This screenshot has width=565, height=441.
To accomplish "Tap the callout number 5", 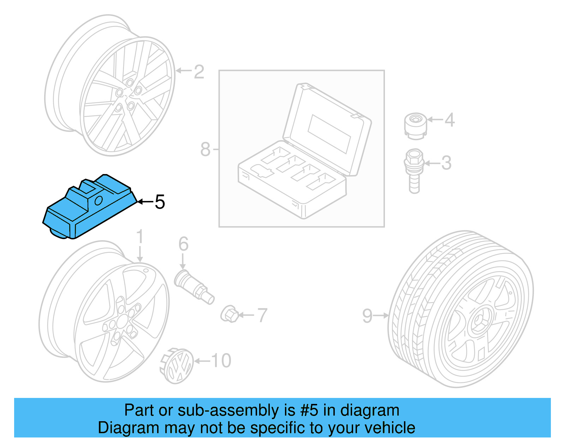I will (x=160, y=202).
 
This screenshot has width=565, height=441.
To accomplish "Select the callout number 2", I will (x=199, y=72).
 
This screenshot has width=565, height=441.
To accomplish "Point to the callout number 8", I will (x=205, y=149).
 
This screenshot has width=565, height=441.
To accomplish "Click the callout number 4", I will (x=449, y=120).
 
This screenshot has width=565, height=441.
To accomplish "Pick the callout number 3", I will (x=446, y=163).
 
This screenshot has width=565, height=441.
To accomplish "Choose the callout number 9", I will (x=367, y=316).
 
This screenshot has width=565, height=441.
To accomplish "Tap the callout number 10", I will (x=221, y=361).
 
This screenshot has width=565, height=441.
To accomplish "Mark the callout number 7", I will (x=262, y=315).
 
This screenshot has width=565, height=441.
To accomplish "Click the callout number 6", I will (x=183, y=244).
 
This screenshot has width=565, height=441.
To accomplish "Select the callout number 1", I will (x=140, y=237).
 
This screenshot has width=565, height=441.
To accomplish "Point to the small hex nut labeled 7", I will (x=230, y=314).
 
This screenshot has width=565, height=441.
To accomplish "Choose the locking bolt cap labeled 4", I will (x=415, y=125).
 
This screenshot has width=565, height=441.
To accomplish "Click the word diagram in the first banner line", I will (x=370, y=411).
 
